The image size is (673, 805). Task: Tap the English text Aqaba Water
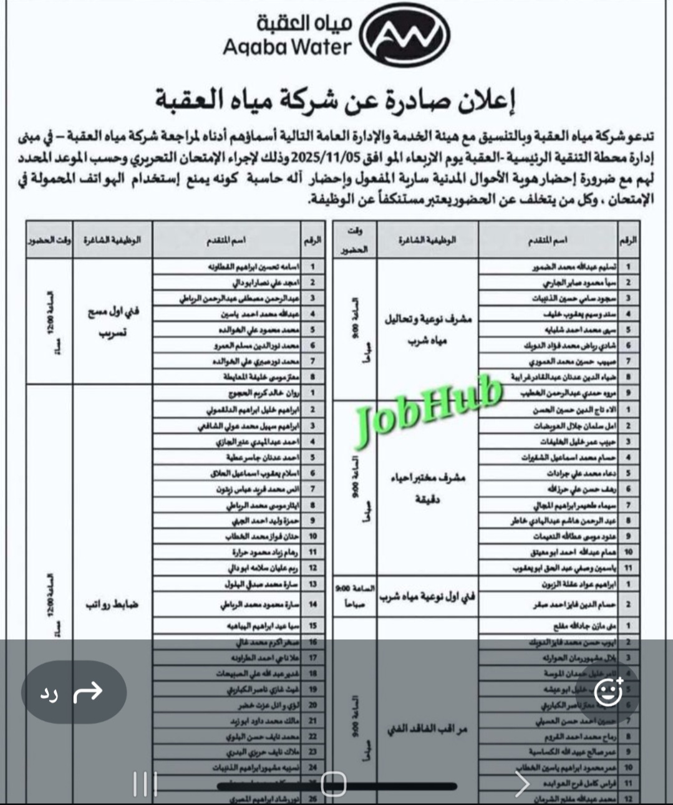287,47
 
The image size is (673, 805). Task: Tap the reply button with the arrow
74,692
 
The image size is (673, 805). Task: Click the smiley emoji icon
608,692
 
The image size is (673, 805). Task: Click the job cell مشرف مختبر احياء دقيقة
427,488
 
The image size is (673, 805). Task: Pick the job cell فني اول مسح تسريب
113,321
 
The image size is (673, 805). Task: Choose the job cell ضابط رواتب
113,604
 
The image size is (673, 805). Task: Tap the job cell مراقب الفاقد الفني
427,728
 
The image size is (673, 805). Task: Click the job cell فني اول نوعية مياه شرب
427,596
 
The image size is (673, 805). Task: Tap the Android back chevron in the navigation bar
521,784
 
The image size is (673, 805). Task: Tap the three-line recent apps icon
145,784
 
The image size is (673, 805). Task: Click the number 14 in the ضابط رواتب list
312,604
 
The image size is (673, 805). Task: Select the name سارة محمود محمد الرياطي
257,604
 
